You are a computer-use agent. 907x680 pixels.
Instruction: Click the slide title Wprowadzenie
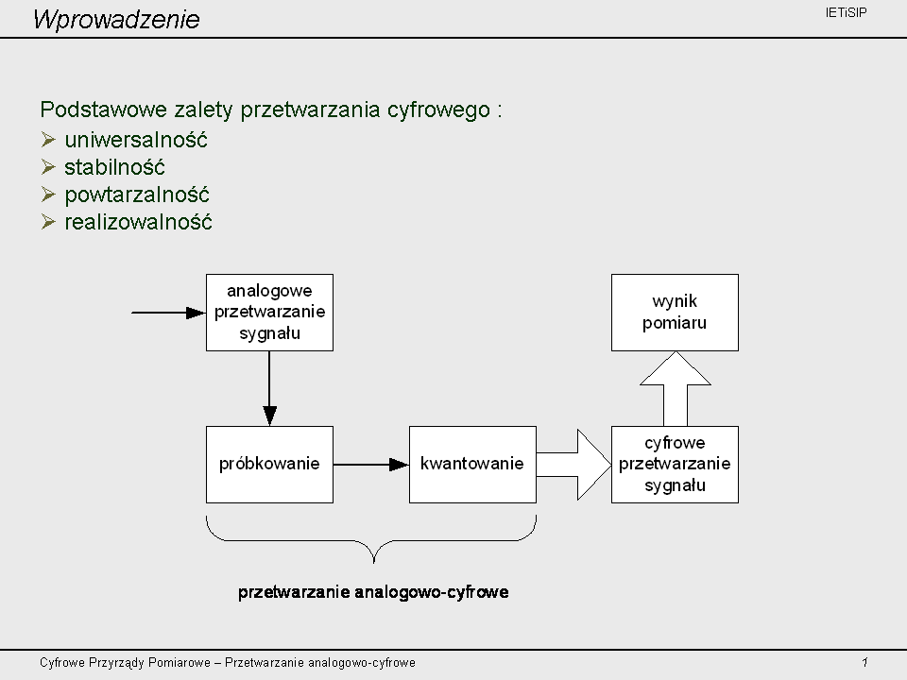coord(116,19)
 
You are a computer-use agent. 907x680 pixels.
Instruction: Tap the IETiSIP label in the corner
coord(846,12)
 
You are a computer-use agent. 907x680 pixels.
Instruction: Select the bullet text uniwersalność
coord(136,140)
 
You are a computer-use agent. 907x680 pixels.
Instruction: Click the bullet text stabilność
coord(114,167)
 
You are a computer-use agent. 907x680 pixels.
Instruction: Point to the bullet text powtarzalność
coord(136,195)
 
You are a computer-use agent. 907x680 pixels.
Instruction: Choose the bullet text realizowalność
coord(138,222)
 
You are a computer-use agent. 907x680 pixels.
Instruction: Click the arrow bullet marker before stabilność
coord(48,167)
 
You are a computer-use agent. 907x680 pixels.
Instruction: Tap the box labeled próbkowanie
coord(269,465)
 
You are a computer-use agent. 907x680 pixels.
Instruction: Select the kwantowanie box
coord(472,465)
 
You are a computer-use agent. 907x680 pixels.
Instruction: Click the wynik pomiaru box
coord(675,313)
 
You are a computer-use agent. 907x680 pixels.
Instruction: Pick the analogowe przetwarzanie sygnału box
coord(269,313)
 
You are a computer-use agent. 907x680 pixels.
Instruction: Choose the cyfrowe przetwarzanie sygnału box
coord(675,465)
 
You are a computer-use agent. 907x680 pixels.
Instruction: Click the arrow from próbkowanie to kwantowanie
coord(371,465)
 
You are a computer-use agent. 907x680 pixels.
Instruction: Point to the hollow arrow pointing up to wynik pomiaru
coord(675,388)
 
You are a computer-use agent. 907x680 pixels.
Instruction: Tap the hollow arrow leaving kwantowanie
coord(573,465)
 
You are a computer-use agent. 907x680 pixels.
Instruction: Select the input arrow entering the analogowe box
coord(168,313)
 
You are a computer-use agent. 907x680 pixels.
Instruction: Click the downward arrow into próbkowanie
coord(269,388)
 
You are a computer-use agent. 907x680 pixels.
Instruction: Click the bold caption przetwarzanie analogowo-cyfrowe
coord(373,592)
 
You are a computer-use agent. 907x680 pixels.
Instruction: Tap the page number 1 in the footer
coord(864,662)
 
